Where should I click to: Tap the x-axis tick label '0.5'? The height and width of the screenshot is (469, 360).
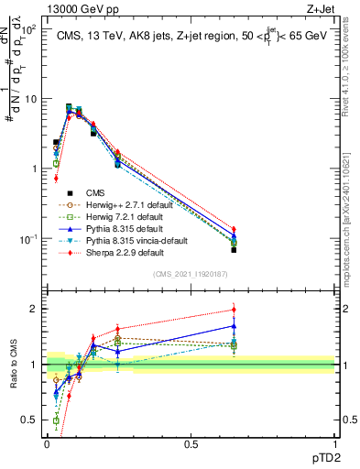point(191,444)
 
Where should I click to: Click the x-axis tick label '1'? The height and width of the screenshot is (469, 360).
point(334,444)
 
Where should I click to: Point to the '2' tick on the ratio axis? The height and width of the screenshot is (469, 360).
point(35,309)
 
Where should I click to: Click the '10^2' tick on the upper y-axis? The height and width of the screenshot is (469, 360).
point(28,29)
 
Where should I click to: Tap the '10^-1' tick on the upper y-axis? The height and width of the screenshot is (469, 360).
point(27,239)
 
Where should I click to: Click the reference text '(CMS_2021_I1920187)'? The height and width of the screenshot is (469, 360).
point(191,274)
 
